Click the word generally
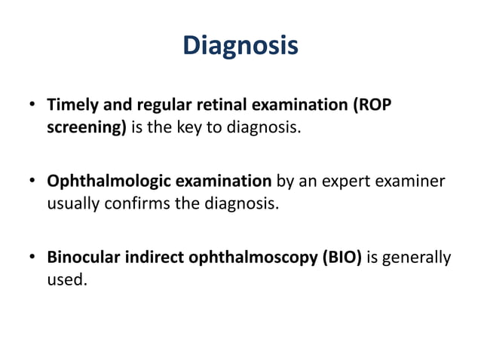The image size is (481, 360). (417, 259)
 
